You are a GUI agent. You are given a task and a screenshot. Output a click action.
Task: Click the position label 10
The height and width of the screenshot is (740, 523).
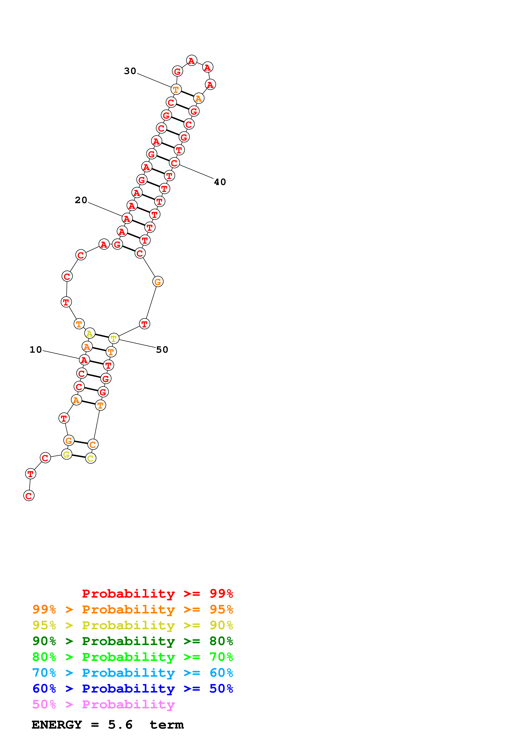tap(36, 350)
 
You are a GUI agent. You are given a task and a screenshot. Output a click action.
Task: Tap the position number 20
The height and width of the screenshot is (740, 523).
tap(81, 200)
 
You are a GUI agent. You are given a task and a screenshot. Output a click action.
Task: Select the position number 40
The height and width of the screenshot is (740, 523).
tap(220, 182)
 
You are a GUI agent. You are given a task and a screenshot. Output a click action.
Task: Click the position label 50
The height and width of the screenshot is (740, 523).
tap(162, 350)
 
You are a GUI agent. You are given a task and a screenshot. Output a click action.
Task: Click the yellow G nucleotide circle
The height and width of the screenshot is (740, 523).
tap(66, 454)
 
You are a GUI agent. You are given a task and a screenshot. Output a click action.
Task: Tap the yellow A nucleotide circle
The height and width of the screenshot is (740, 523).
tap(90, 333)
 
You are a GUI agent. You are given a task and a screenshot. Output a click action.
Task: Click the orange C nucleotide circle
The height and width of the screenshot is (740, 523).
tap(93, 444)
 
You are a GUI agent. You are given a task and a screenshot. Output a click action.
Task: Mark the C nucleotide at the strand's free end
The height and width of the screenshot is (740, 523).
tap(29, 496)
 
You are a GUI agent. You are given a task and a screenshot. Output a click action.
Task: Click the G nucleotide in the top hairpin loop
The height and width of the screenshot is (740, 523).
tap(177, 71)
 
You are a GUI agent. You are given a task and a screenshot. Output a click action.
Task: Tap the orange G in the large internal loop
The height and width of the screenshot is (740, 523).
tap(158, 282)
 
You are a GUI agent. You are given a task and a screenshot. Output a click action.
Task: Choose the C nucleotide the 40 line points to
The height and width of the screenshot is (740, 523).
tap(174, 163)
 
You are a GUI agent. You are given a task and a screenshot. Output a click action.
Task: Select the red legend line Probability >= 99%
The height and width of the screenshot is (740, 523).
tap(157, 594)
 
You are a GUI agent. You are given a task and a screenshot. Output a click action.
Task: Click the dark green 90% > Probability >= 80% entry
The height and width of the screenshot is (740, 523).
tap(132, 641)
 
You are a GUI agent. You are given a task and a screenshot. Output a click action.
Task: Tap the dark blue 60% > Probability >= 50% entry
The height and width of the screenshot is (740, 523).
tap(132, 689)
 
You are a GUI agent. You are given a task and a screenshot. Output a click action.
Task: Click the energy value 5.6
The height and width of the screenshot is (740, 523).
tap(120, 725)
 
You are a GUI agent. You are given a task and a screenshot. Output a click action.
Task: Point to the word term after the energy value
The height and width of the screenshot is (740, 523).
tap(167, 725)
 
